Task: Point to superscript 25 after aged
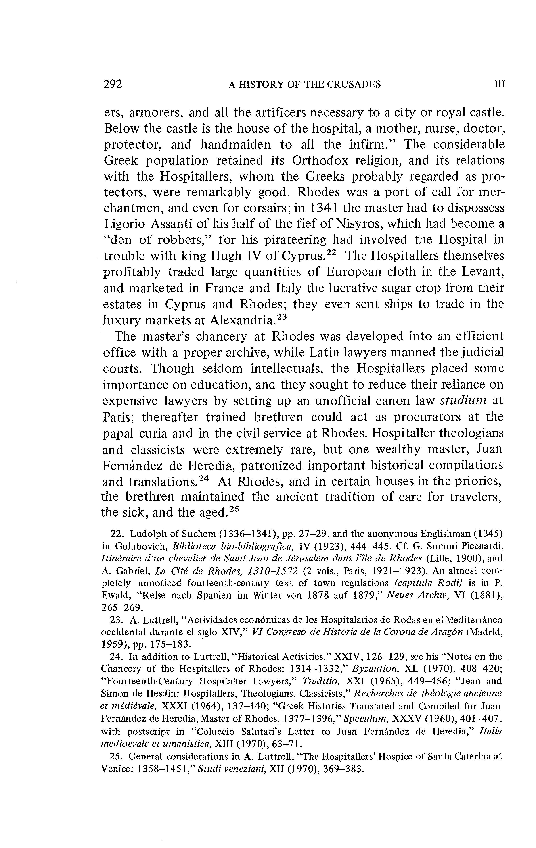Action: point(234,509)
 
